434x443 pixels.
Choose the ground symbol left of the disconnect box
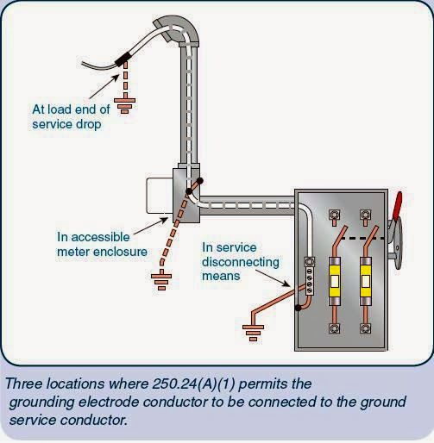250,328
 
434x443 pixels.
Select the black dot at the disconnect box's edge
297,307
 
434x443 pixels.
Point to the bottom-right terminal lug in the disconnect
366,328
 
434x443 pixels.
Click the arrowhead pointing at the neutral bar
293,285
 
